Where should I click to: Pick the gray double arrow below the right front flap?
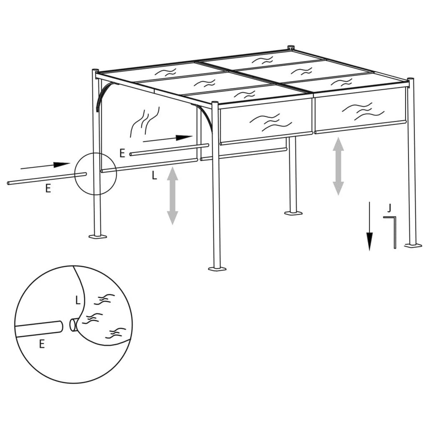pos(338,167)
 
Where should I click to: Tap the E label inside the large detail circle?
pos(42,344)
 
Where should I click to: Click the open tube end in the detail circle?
pos(73,325)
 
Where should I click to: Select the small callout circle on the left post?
pos(96,173)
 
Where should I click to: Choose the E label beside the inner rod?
pos(122,154)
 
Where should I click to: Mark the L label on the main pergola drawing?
pos(154,176)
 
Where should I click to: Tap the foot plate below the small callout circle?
pos(98,236)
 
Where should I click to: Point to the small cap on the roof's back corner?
pos(290,47)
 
